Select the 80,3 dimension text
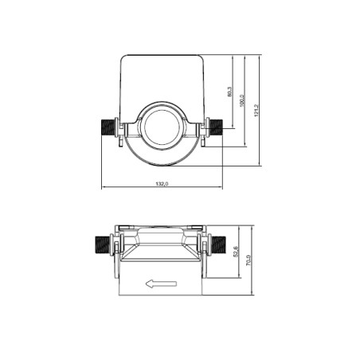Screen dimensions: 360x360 coord(229,92)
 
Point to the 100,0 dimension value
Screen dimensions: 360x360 coord(243,104)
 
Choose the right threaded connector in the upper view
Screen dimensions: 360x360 coord(214,127)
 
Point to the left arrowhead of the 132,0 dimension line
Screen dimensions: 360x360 coord(104,189)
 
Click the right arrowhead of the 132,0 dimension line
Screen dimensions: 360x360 coord(220,189)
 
